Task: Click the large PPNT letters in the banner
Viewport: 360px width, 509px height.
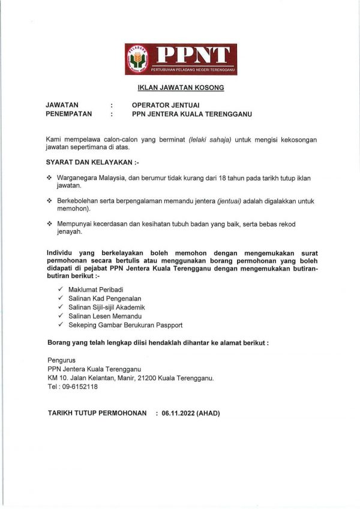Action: click(x=192, y=55)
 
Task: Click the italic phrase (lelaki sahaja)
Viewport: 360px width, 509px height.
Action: click(x=210, y=139)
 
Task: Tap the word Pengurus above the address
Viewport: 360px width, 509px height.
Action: click(x=62, y=360)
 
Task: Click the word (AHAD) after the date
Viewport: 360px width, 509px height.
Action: click(x=209, y=414)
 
